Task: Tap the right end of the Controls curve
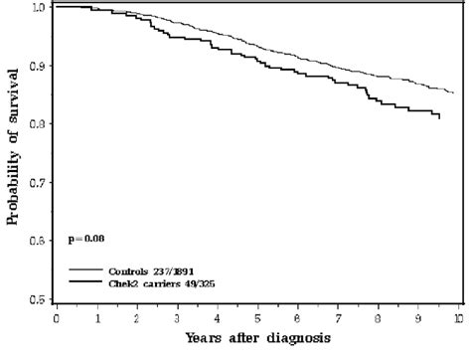(453, 92)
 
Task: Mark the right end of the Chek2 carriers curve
(440, 118)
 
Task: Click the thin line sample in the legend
(88, 270)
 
